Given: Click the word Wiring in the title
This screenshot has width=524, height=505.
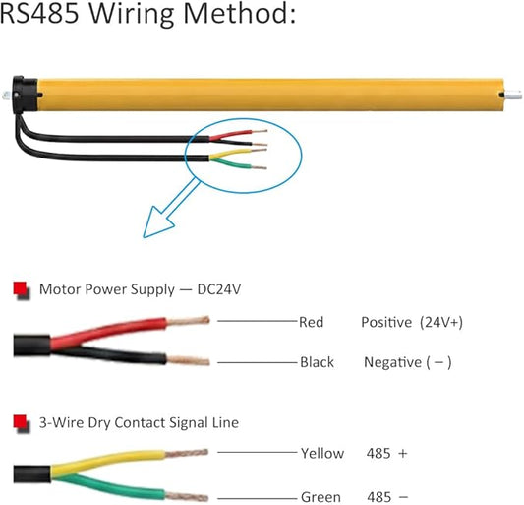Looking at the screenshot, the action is [131, 14].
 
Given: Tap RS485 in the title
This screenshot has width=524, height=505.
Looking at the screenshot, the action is [39, 13].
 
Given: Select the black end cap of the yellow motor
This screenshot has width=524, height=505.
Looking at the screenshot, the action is [25, 95].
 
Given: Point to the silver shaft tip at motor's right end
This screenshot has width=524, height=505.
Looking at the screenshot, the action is [513, 95].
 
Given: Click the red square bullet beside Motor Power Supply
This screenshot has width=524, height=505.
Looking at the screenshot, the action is [21, 289].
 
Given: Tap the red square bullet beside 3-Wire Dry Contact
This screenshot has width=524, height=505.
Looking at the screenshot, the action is [21, 423].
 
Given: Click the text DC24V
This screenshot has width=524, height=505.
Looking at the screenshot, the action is [219, 289].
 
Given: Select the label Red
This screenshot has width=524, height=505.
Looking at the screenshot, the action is [311, 322].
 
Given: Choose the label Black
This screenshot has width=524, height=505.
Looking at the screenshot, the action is [317, 362].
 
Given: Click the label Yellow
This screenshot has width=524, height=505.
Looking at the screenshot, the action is [322, 454].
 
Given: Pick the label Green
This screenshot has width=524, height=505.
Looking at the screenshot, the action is [320, 497].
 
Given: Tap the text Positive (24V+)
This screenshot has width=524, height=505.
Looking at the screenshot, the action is [412, 323].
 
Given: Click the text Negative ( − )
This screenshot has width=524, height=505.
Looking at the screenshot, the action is [408, 363].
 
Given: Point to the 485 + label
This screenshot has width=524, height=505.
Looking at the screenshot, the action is [387, 454].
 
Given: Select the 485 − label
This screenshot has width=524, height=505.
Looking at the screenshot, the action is [387, 497].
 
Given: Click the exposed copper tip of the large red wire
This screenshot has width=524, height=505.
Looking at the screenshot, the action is [188, 321].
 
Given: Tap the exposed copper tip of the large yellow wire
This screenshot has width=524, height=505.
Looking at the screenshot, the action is [187, 454].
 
